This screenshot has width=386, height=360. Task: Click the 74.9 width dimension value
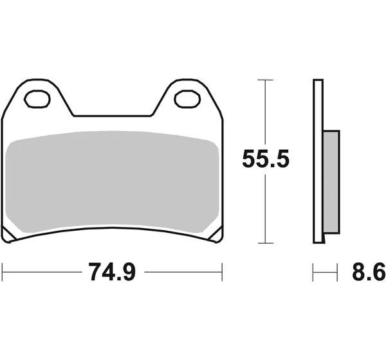(x=112, y=272)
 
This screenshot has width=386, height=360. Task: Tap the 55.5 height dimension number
(x=266, y=159)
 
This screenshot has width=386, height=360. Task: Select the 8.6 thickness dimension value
(x=369, y=272)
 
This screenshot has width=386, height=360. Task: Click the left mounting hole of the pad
(x=37, y=99)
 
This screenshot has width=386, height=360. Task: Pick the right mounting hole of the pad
(x=187, y=99)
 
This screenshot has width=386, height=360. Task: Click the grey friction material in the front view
(x=112, y=182)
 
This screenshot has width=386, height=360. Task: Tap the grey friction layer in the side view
(x=331, y=181)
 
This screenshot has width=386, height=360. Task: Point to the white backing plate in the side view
(x=318, y=161)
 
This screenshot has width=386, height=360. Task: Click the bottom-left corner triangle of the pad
(x=8, y=235)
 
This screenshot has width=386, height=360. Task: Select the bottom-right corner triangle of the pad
(x=216, y=235)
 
